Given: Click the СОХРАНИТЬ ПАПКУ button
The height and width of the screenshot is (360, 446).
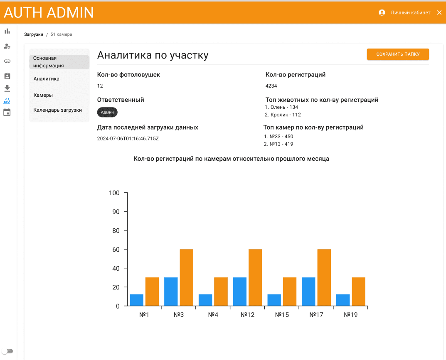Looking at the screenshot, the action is (398, 54).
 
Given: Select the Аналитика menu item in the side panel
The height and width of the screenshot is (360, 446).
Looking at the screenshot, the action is (47, 79).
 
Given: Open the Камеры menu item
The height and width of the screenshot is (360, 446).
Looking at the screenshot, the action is (43, 95).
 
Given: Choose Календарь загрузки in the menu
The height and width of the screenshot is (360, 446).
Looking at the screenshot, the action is (57, 110).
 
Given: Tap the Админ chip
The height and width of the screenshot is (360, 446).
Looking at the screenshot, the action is (107, 112).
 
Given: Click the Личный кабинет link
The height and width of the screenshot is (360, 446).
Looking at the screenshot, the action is (410, 12).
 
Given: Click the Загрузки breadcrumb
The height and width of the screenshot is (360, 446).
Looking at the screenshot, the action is (34, 34).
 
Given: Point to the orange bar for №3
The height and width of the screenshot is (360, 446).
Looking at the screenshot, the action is (187, 278).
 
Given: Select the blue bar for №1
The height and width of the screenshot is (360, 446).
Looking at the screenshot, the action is (137, 300).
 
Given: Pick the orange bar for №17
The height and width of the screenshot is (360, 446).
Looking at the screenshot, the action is (324, 278).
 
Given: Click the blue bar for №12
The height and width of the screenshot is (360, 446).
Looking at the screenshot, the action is (240, 292).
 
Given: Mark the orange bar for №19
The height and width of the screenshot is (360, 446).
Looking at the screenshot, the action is (358, 292).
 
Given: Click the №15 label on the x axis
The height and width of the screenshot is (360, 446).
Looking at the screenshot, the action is (282, 315).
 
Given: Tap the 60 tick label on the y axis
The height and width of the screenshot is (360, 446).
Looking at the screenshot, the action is (116, 250).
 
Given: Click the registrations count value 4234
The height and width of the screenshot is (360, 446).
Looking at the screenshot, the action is (271, 86).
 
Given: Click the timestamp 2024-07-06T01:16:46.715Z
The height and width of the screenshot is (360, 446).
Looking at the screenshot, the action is (128, 139).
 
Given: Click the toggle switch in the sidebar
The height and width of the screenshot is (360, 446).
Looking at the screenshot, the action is (7, 351).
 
